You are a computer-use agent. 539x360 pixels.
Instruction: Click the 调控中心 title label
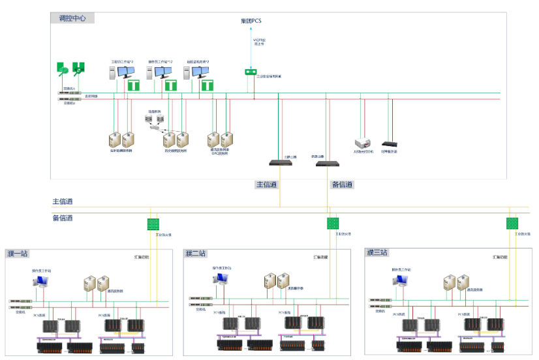pyautogui.click(x=72, y=18)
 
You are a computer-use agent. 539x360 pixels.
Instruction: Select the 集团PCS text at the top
pyautogui.click(x=251, y=21)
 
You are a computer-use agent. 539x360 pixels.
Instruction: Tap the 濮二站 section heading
pyautogui.click(x=196, y=253)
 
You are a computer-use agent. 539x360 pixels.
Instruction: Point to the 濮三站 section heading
pyautogui.click(x=377, y=252)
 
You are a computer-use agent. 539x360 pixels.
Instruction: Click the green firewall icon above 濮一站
pyautogui.click(x=153, y=224)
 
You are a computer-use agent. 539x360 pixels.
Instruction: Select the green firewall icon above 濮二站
pyautogui.click(x=333, y=223)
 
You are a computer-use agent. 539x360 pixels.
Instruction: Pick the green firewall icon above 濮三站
pyautogui.click(x=512, y=223)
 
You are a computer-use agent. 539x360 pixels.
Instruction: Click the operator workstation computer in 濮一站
pyautogui.click(x=40, y=281)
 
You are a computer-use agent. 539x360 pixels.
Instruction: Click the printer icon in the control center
pyautogui.click(x=362, y=143)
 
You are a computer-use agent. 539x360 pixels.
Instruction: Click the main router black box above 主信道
pyautogui.click(x=280, y=162)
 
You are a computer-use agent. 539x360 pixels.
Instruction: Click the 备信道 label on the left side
pyautogui.click(x=63, y=218)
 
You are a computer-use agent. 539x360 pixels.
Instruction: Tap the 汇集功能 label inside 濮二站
pyautogui.click(x=320, y=258)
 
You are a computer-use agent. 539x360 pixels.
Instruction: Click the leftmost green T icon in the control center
pyautogui.click(x=133, y=85)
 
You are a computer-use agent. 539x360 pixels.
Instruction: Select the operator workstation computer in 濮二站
pyautogui.click(x=221, y=279)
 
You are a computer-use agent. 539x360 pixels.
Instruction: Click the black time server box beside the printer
pyautogui.click(x=390, y=143)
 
